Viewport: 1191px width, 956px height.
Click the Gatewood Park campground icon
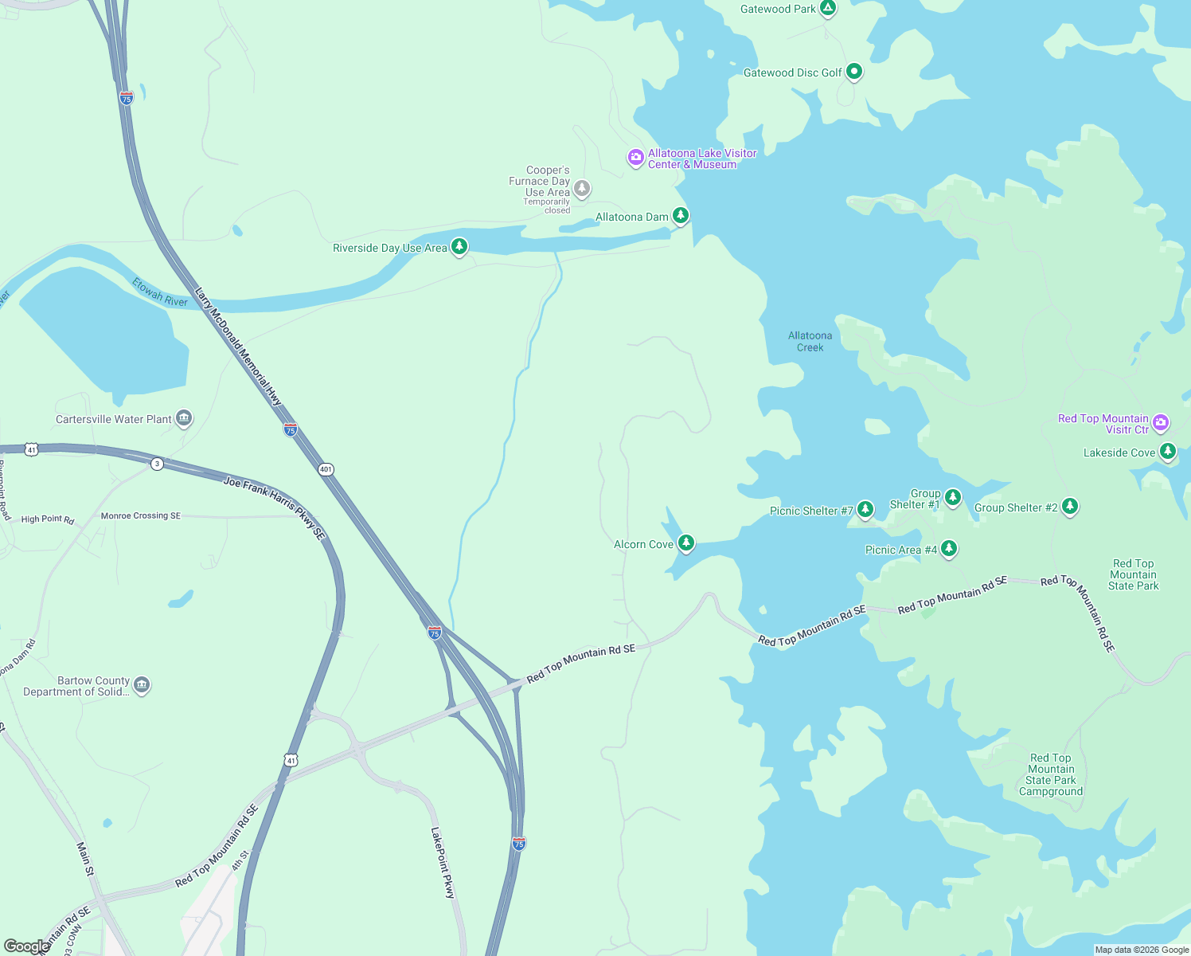[x=828, y=9]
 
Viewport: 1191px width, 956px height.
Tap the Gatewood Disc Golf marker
[x=853, y=72]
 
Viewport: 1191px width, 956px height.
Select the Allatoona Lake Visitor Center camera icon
[x=635, y=158]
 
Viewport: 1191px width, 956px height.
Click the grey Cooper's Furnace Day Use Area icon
[x=582, y=189]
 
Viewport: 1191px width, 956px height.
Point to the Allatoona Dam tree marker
[x=680, y=216]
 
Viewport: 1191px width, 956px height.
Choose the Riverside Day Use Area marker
[x=459, y=247]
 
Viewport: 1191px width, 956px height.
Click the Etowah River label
[x=160, y=292]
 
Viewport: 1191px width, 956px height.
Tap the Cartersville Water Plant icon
[x=184, y=418]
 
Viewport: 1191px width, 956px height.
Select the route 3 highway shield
[x=158, y=464]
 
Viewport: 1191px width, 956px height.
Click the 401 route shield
[x=326, y=469]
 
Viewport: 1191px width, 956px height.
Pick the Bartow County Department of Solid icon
[x=142, y=685]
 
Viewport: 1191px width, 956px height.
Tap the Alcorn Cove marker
[x=685, y=543]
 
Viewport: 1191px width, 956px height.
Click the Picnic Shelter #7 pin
[x=865, y=509]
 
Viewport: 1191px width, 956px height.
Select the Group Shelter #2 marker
[x=1070, y=507]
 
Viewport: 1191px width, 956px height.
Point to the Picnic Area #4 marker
[x=948, y=549]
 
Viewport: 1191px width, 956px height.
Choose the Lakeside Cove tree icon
[x=1167, y=452]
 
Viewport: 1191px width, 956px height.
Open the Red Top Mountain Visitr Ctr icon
[x=1161, y=422]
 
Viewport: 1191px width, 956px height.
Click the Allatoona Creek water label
[x=810, y=342]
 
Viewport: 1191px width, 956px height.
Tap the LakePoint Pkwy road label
[x=442, y=863]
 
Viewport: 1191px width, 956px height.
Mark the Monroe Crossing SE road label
[x=141, y=515]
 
